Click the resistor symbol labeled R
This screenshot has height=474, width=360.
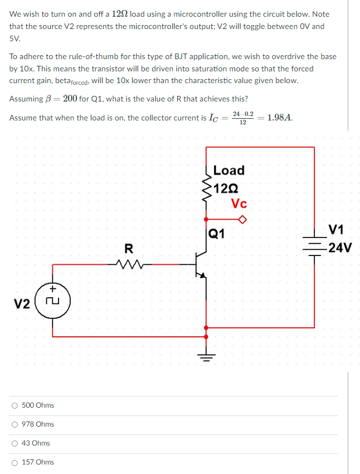[129, 264]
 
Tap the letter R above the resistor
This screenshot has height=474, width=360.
[129, 249]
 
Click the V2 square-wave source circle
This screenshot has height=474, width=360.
[53, 302]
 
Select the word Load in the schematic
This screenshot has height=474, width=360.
[228, 170]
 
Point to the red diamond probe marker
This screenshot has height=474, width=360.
[242, 219]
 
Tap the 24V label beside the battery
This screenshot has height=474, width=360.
[339, 248]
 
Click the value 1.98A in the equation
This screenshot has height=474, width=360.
[280, 118]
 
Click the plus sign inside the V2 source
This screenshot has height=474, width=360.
[53, 289]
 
